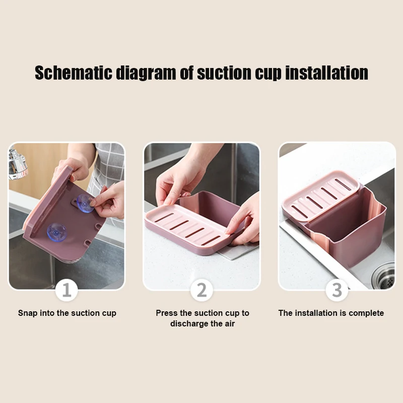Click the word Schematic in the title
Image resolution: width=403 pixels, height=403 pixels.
point(74,73)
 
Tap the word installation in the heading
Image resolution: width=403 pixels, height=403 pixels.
point(326,73)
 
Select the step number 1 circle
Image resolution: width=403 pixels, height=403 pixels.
point(66,290)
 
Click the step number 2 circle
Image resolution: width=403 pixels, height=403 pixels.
point(202,290)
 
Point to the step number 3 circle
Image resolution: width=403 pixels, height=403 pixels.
point(337,290)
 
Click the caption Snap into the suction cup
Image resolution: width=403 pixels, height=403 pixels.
point(67,313)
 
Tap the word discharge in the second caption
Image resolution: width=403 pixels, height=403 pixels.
point(189,323)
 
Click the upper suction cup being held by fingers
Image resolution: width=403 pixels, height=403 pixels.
point(85,204)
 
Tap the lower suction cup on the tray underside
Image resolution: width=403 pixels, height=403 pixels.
point(57,232)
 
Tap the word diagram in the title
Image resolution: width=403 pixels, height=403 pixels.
point(146,74)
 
